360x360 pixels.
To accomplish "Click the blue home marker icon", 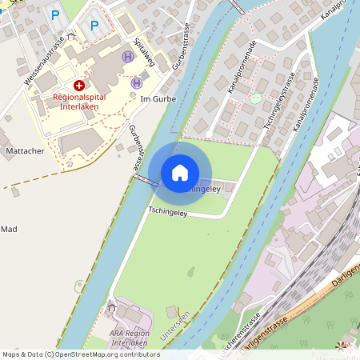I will pyautogui.click(x=180, y=172).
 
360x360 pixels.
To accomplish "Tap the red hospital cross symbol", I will pyautogui.click(x=78, y=85).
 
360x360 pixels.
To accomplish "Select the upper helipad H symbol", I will pyautogui.click(x=128, y=57).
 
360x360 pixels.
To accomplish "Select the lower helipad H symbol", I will pyautogui.click(x=137, y=82).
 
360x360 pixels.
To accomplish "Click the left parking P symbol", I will pyautogui.click(x=55, y=14).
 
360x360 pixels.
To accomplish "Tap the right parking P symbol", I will pyautogui.click(x=94, y=26).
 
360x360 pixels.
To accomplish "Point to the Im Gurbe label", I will pyautogui.click(x=156, y=98).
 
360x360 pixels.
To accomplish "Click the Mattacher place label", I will pyautogui.click(x=24, y=150).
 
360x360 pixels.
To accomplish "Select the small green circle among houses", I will pyautogui.click(x=255, y=99).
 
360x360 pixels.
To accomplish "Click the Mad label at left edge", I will pyautogui.click(x=9, y=229).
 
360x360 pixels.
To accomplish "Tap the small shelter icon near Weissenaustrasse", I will pyautogui.click(x=71, y=36).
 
